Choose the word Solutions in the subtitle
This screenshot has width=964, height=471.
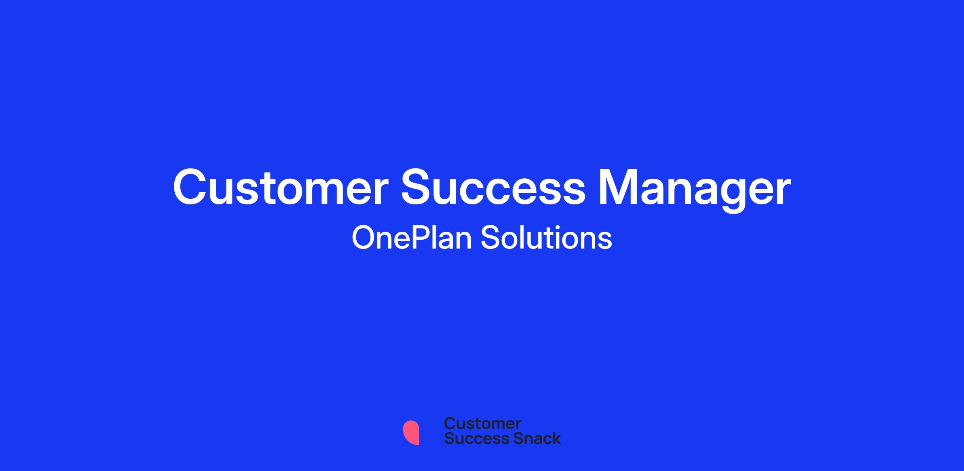coord(546,238)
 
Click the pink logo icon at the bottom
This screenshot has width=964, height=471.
coord(411,432)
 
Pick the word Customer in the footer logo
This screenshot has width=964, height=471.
coord(482,424)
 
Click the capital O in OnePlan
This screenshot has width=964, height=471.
coord(364,238)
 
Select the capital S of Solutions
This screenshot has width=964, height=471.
coord(490,238)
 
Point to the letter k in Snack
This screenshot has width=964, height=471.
coord(556,438)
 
